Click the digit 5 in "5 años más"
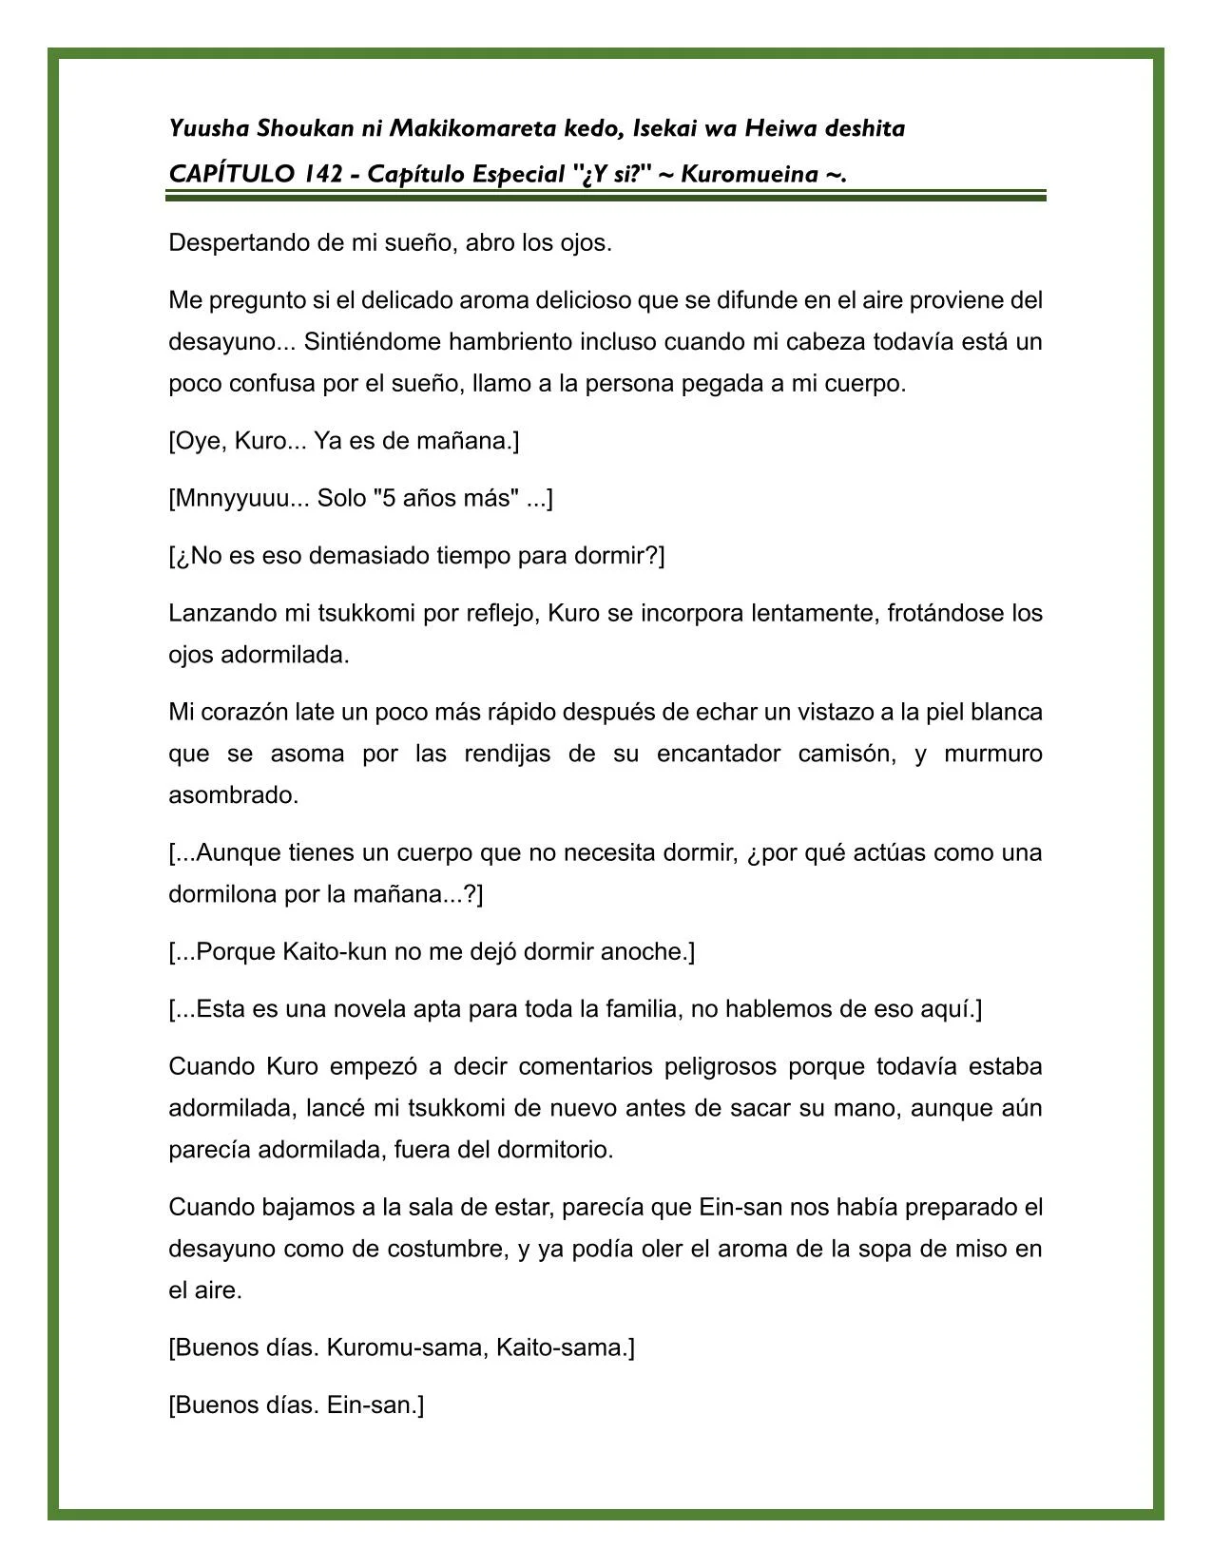point(386,499)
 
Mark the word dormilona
point(222,895)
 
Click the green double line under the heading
point(606,196)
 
